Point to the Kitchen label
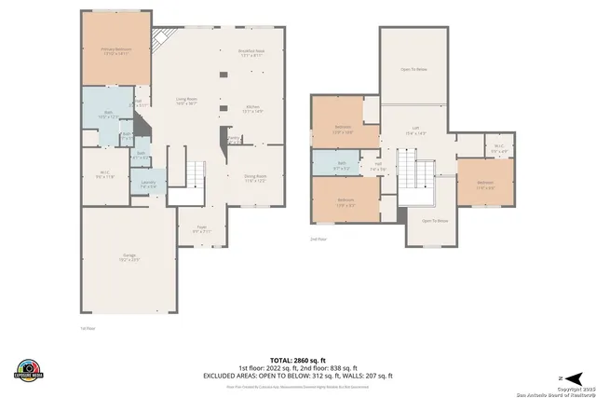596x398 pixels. pos(252,108)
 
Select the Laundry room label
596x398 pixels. pos(148,184)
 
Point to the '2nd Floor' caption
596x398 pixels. pos(318,239)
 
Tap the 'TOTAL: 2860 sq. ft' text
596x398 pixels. pos(297,359)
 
